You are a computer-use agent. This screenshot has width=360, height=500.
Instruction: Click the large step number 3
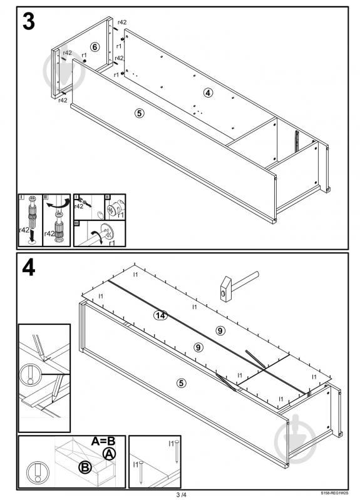(x=29, y=22)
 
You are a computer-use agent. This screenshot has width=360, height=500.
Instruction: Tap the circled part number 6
(x=95, y=47)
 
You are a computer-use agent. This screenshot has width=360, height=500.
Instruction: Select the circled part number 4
(x=208, y=93)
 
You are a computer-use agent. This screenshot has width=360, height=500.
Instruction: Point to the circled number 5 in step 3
(x=139, y=113)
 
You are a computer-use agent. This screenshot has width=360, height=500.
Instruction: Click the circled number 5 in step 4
(x=182, y=382)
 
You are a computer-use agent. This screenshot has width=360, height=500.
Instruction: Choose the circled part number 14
(x=160, y=315)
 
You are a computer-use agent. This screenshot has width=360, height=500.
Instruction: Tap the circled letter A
(x=109, y=454)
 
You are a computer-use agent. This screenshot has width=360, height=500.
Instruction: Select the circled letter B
(x=86, y=467)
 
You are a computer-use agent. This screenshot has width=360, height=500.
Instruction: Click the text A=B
(x=103, y=441)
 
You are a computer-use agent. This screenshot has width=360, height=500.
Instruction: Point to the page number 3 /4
(x=181, y=494)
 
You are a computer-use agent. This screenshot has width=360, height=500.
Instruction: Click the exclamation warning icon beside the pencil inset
(x=30, y=375)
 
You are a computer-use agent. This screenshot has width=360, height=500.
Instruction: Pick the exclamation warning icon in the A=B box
(x=38, y=472)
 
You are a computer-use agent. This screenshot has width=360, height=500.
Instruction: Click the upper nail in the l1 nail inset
(x=177, y=452)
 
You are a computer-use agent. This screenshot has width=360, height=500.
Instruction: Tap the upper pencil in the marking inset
(x=39, y=347)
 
